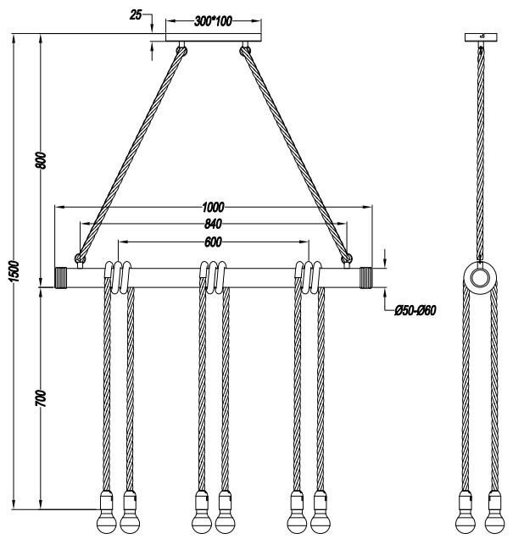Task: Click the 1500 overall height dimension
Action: (14, 271)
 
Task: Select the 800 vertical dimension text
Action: (42, 160)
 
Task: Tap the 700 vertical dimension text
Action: (41, 398)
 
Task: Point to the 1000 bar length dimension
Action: (213, 208)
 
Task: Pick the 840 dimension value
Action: (213, 224)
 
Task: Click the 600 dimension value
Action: (213, 242)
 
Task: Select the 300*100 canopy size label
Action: (213, 21)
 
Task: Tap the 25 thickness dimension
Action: (136, 14)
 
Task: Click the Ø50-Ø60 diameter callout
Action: (415, 310)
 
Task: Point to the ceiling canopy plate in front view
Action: (214, 37)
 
